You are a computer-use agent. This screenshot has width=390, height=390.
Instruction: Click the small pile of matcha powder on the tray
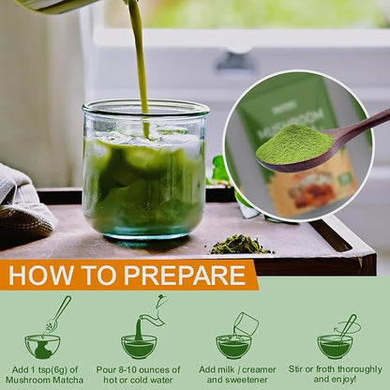(x=239, y=245)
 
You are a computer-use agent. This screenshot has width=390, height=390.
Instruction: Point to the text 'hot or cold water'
(x=141, y=381)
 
